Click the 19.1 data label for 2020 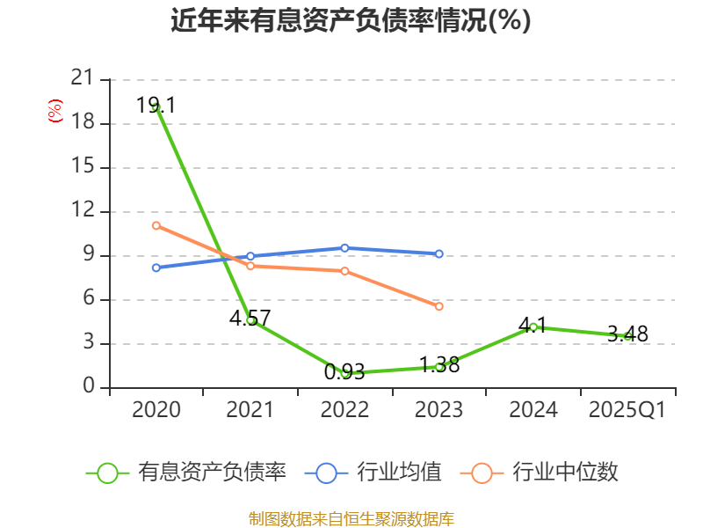156,106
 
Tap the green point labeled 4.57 250,320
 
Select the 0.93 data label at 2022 344,372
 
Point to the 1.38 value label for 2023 439,364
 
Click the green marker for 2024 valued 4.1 533,327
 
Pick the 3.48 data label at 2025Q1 627,334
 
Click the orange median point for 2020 156,225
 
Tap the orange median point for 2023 439,306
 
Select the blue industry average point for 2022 344,248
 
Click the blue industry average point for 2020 156,268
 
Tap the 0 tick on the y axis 88,387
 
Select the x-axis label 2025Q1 627,410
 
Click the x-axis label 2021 250,410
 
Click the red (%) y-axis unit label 55,111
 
